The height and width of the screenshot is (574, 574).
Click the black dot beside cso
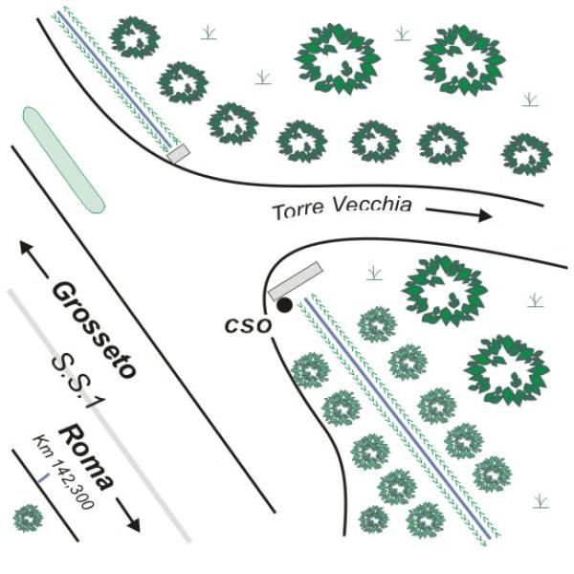285,305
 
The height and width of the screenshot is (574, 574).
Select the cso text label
248,325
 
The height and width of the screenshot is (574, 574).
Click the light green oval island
63,159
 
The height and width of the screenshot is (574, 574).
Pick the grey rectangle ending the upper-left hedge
179,153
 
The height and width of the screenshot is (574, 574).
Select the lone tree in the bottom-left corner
29,519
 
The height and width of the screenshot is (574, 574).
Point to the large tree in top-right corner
462,59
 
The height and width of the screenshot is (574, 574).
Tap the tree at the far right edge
526,153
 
